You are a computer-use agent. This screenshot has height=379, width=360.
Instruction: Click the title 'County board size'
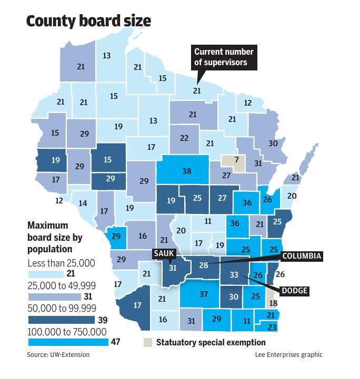pyautogui.click(x=88, y=21)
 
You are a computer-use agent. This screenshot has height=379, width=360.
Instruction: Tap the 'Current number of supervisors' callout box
pyautogui.click(x=224, y=57)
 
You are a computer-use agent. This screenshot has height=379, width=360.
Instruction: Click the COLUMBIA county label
pyautogui.click(x=301, y=257)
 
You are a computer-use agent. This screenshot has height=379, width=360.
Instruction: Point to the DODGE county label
pyautogui.click(x=294, y=291)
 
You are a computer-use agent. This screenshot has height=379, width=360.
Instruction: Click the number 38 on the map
pyautogui.click(x=186, y=171)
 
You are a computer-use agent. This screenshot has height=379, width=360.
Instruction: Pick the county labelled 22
pyautogui.click(x=184, y=138)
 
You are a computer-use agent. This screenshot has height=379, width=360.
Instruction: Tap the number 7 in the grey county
pyautogui.click(x=237, y=160)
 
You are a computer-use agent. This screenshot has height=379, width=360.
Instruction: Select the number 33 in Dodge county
pyautogui.click(x=234, y=275)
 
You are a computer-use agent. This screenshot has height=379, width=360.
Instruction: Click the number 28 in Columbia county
pyautogui.click(x=204, y=265)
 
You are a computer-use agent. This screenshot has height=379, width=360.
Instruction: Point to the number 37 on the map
pyautogui.click(x=204, y=294)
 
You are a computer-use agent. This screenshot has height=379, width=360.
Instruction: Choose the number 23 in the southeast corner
pyautogui.click(x=271, y=327)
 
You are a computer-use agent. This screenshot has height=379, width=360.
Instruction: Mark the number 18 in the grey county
pyautogui.click(x=272, y=303)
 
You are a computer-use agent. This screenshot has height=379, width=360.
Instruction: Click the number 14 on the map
pyautogui.click(x=83, y=203)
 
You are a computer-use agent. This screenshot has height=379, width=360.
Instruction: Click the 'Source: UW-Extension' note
pyautogui.click(x=58, y=355)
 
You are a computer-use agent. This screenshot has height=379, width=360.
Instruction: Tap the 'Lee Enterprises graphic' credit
pyautogui.click(x=288, y=355)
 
